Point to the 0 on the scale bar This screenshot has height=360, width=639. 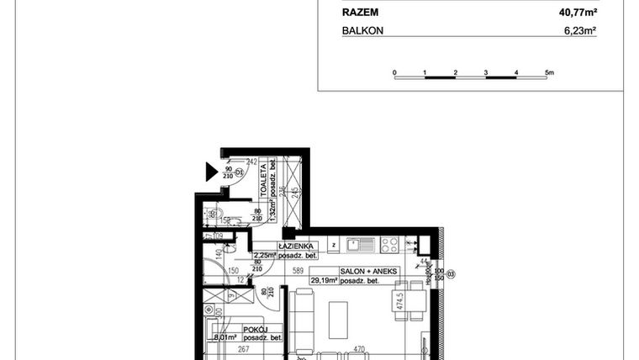coord(394,73)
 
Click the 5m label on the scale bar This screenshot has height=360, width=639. coord(549,73)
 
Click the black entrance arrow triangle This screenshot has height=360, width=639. coord(212,173)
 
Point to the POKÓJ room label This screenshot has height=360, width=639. coord(256,330)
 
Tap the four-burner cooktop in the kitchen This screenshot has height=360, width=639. coord(388,246)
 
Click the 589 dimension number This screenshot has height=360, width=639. coord(298,271)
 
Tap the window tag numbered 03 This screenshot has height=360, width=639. coord(451,274)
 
